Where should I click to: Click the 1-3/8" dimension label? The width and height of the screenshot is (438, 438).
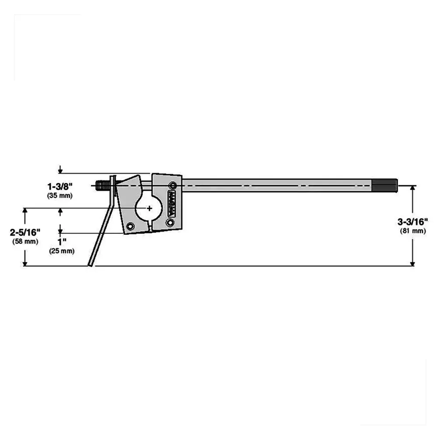[x=60, y=186]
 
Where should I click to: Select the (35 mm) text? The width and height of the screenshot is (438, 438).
[x=60, y=195]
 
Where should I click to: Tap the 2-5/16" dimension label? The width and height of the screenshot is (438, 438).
[x=25, y=232]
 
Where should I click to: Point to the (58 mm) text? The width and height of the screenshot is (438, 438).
[x=25, y=241]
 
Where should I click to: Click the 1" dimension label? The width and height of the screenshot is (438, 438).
[x=61, y=242]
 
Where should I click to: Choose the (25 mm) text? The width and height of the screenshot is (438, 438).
[x=62, y=251]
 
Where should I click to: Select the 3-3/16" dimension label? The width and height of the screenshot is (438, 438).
[x=413, y=222]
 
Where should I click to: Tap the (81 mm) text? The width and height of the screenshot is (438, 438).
[x=413, y=231]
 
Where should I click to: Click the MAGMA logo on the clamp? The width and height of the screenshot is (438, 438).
[x=172, y=204]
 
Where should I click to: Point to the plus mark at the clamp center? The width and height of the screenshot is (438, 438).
[x=150, y=208]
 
